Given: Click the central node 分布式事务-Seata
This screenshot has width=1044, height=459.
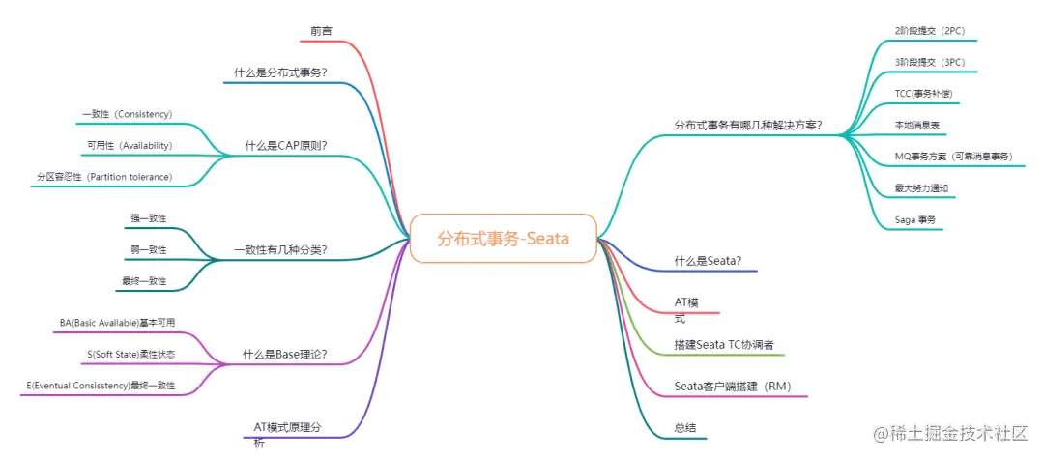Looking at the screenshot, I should (x=503, y=239).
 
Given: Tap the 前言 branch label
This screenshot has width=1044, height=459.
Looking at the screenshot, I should (x=321, y=32).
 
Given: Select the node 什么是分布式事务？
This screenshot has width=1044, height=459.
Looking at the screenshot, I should (x=280, y=72).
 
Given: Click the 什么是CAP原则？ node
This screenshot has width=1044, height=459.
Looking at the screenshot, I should (x=286, y=146).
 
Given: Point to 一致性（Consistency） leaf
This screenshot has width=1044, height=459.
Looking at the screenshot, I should (x=128, y=114).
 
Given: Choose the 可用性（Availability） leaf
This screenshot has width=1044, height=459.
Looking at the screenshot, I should (x=130, y=146).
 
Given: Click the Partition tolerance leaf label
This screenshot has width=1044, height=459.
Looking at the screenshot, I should (x=104, y=177).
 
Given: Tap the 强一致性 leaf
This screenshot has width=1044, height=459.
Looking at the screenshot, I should (x=149, y=218).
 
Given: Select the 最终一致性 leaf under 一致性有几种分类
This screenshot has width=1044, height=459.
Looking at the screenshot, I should (x=144, y=281).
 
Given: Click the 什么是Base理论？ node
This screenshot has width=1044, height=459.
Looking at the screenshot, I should (x=284, y=355).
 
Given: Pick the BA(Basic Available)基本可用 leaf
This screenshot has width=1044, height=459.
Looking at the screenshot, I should (x=117, y=323).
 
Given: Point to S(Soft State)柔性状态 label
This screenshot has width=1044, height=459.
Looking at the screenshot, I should (x=131, y=355).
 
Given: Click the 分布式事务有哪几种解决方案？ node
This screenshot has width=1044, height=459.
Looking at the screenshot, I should (x=748, y=125).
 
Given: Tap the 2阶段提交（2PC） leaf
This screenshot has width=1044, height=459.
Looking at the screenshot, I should (x=930, y=31).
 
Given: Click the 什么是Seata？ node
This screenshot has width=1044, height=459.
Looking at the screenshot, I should (x=708, y=261).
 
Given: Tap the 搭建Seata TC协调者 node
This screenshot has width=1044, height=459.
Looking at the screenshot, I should (x=724, y=345).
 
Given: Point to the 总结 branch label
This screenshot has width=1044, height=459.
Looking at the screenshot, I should (x=685, y=428).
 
